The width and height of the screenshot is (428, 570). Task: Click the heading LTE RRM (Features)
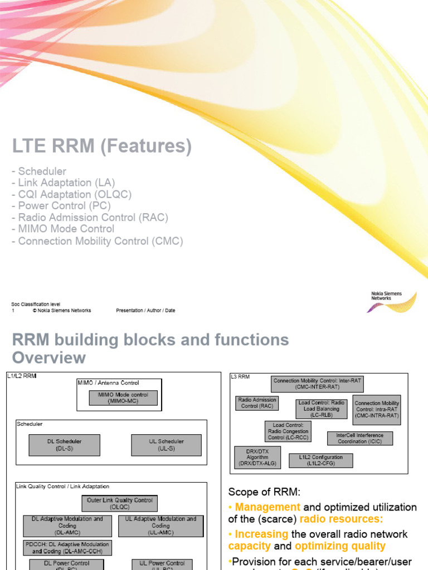(x=102, y=146)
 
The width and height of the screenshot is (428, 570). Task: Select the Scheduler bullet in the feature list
(x=42, y=171)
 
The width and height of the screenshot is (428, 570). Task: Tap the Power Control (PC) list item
(x=64, y=206)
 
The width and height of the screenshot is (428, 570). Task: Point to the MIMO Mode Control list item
(x=66, y=229)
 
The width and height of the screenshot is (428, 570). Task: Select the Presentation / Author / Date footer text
(x=145, y=311)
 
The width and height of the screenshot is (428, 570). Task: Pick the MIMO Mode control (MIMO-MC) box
(x=123, y=397)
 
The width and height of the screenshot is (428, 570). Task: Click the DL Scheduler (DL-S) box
(x=64, y=445)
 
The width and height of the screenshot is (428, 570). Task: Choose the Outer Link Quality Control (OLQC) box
(x=119, y=503)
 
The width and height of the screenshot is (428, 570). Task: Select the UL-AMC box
(x=160, y=525)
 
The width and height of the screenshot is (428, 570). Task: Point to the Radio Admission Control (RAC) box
(x=257, y=403)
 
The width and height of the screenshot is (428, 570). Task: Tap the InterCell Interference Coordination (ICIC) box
(x=360, y=438)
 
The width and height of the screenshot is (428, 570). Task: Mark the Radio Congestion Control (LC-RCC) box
(x=288, y=431)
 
